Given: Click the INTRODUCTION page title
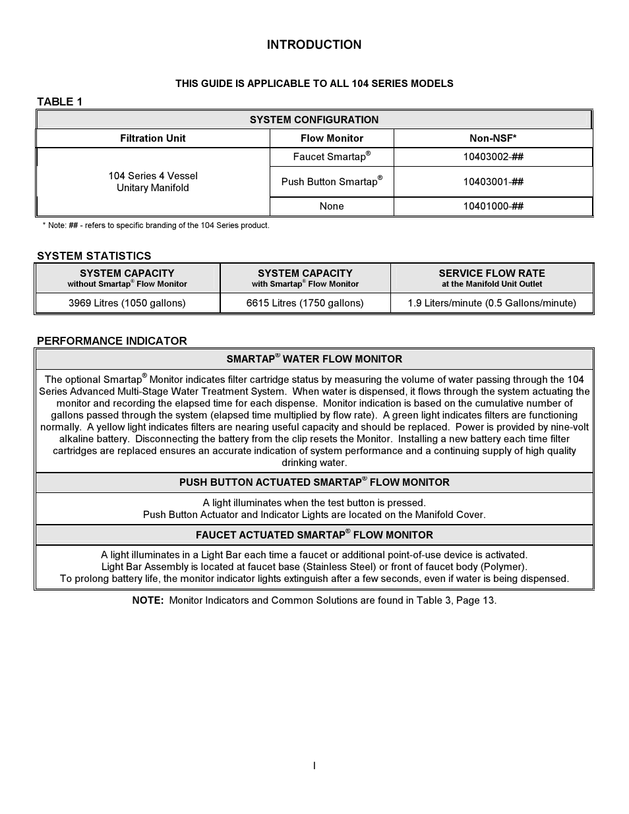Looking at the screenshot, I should [x=314, y=45].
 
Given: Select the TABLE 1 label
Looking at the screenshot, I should [x=59, y=102].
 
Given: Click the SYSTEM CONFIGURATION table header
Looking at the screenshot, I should [x=314, y=120].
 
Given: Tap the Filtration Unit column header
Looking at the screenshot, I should [x=152, y=138].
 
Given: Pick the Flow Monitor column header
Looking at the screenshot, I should [x=332, y=138].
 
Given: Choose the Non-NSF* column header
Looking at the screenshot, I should [x=493, y=138].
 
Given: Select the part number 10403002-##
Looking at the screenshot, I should [x=493, y=157].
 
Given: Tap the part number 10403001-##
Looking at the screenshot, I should [x=493, y=182].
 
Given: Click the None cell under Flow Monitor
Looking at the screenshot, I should [x=332, y=206].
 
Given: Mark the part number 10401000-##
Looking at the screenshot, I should [x=493, y=206].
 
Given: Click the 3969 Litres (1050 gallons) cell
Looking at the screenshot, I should [x=127, y=303].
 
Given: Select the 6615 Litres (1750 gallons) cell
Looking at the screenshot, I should [x=305, y=303].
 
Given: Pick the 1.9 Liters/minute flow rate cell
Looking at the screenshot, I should [x=492, y=303].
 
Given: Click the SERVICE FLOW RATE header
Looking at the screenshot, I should [x=492, y=274].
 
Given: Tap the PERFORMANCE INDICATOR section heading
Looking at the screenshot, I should [x=112, y=341].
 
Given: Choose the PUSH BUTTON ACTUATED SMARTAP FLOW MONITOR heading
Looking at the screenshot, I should [x=314, y=482].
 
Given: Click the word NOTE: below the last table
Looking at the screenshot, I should [x=148, y=600].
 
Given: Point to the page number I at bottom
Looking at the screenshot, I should [x=314, y=765].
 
